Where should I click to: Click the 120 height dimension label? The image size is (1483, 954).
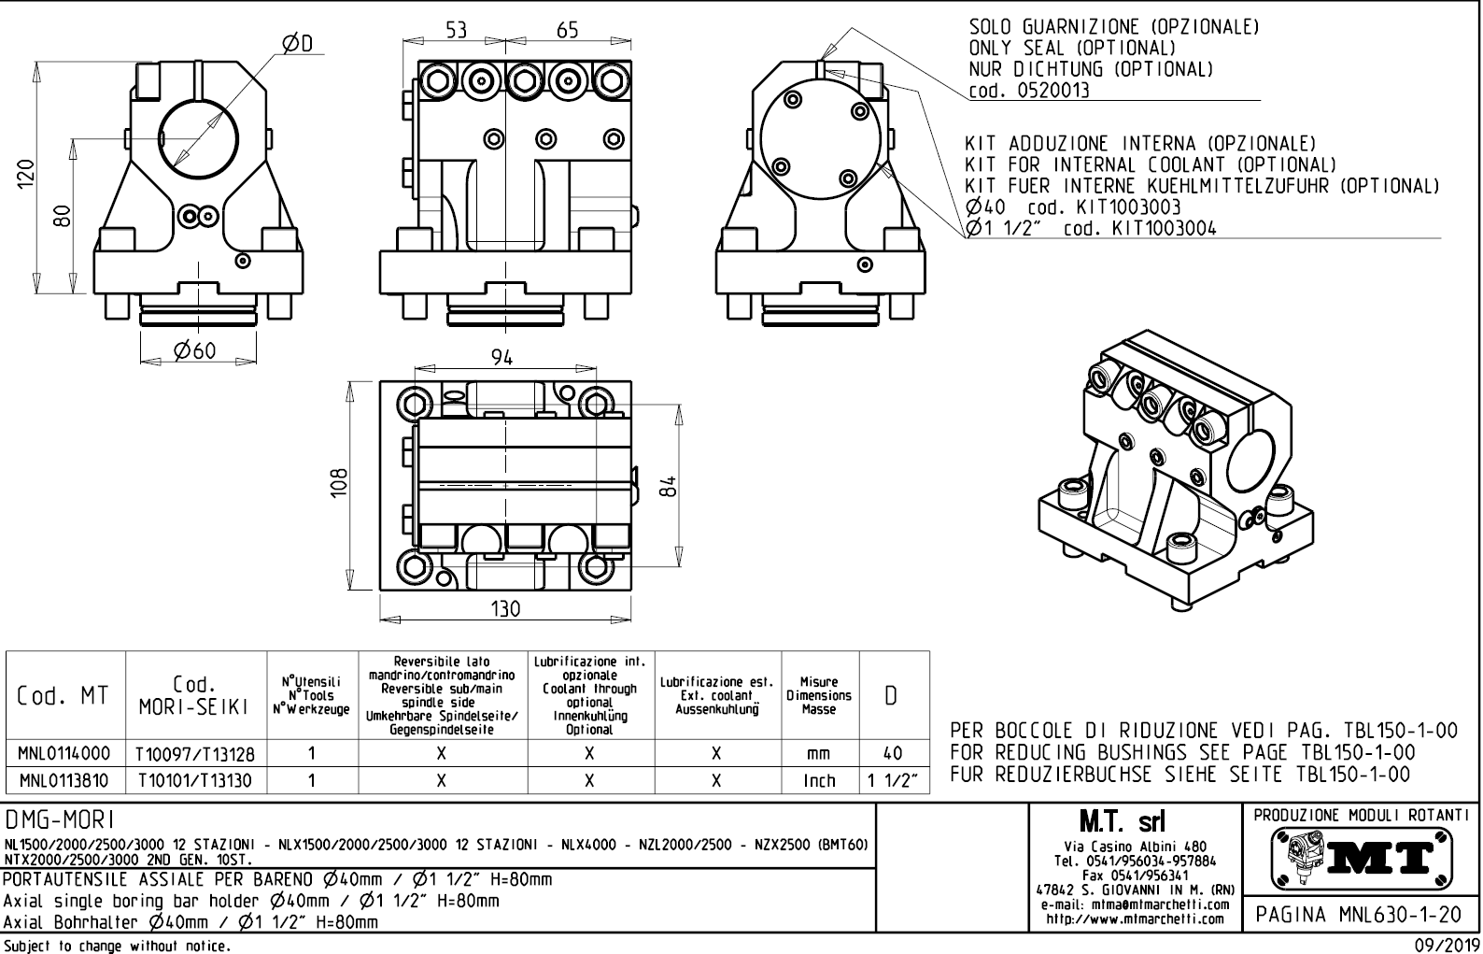point(28,174)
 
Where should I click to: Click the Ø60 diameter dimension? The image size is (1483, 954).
point(195,350)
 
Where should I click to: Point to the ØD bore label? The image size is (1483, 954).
point(297,44)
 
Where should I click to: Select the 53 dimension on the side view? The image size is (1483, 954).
point(456,30)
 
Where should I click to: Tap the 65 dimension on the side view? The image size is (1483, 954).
point(567,30)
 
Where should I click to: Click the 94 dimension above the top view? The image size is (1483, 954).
point(501,358)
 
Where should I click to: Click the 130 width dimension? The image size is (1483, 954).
point(505,608)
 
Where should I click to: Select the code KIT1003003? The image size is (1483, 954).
point(1129,206)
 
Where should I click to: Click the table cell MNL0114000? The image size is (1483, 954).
point(64,753)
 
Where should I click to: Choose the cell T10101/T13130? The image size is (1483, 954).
point(195,780)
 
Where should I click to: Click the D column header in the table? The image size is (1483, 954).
point(893,696)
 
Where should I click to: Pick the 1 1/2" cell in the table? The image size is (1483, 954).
point(893,780)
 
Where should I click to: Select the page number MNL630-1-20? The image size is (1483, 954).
point(1360,915)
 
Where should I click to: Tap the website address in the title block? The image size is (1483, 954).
point(1135,918)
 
